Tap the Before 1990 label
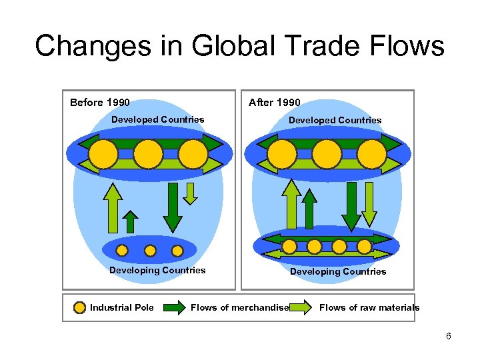(x=100, y=103)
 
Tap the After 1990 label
(x=274, y=103)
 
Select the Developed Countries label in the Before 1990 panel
(x=158, y=120)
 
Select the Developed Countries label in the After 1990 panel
(x=335, y=121)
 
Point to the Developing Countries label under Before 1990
(x=157, y=270)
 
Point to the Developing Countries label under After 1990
(x=337, y=271)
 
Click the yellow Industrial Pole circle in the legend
(x=80, y=308)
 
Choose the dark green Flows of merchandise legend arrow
(x=174, y=308)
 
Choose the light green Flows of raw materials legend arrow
(x=301, y=308)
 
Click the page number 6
(x=449, y=336)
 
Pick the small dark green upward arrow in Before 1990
(x=131, y=222)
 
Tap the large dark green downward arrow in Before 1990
(x=173, y=207)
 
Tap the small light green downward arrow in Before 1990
(x=191, y=193)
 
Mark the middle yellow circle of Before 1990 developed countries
(x=148, y=155)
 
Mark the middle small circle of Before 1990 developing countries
(x=150, y=251)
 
